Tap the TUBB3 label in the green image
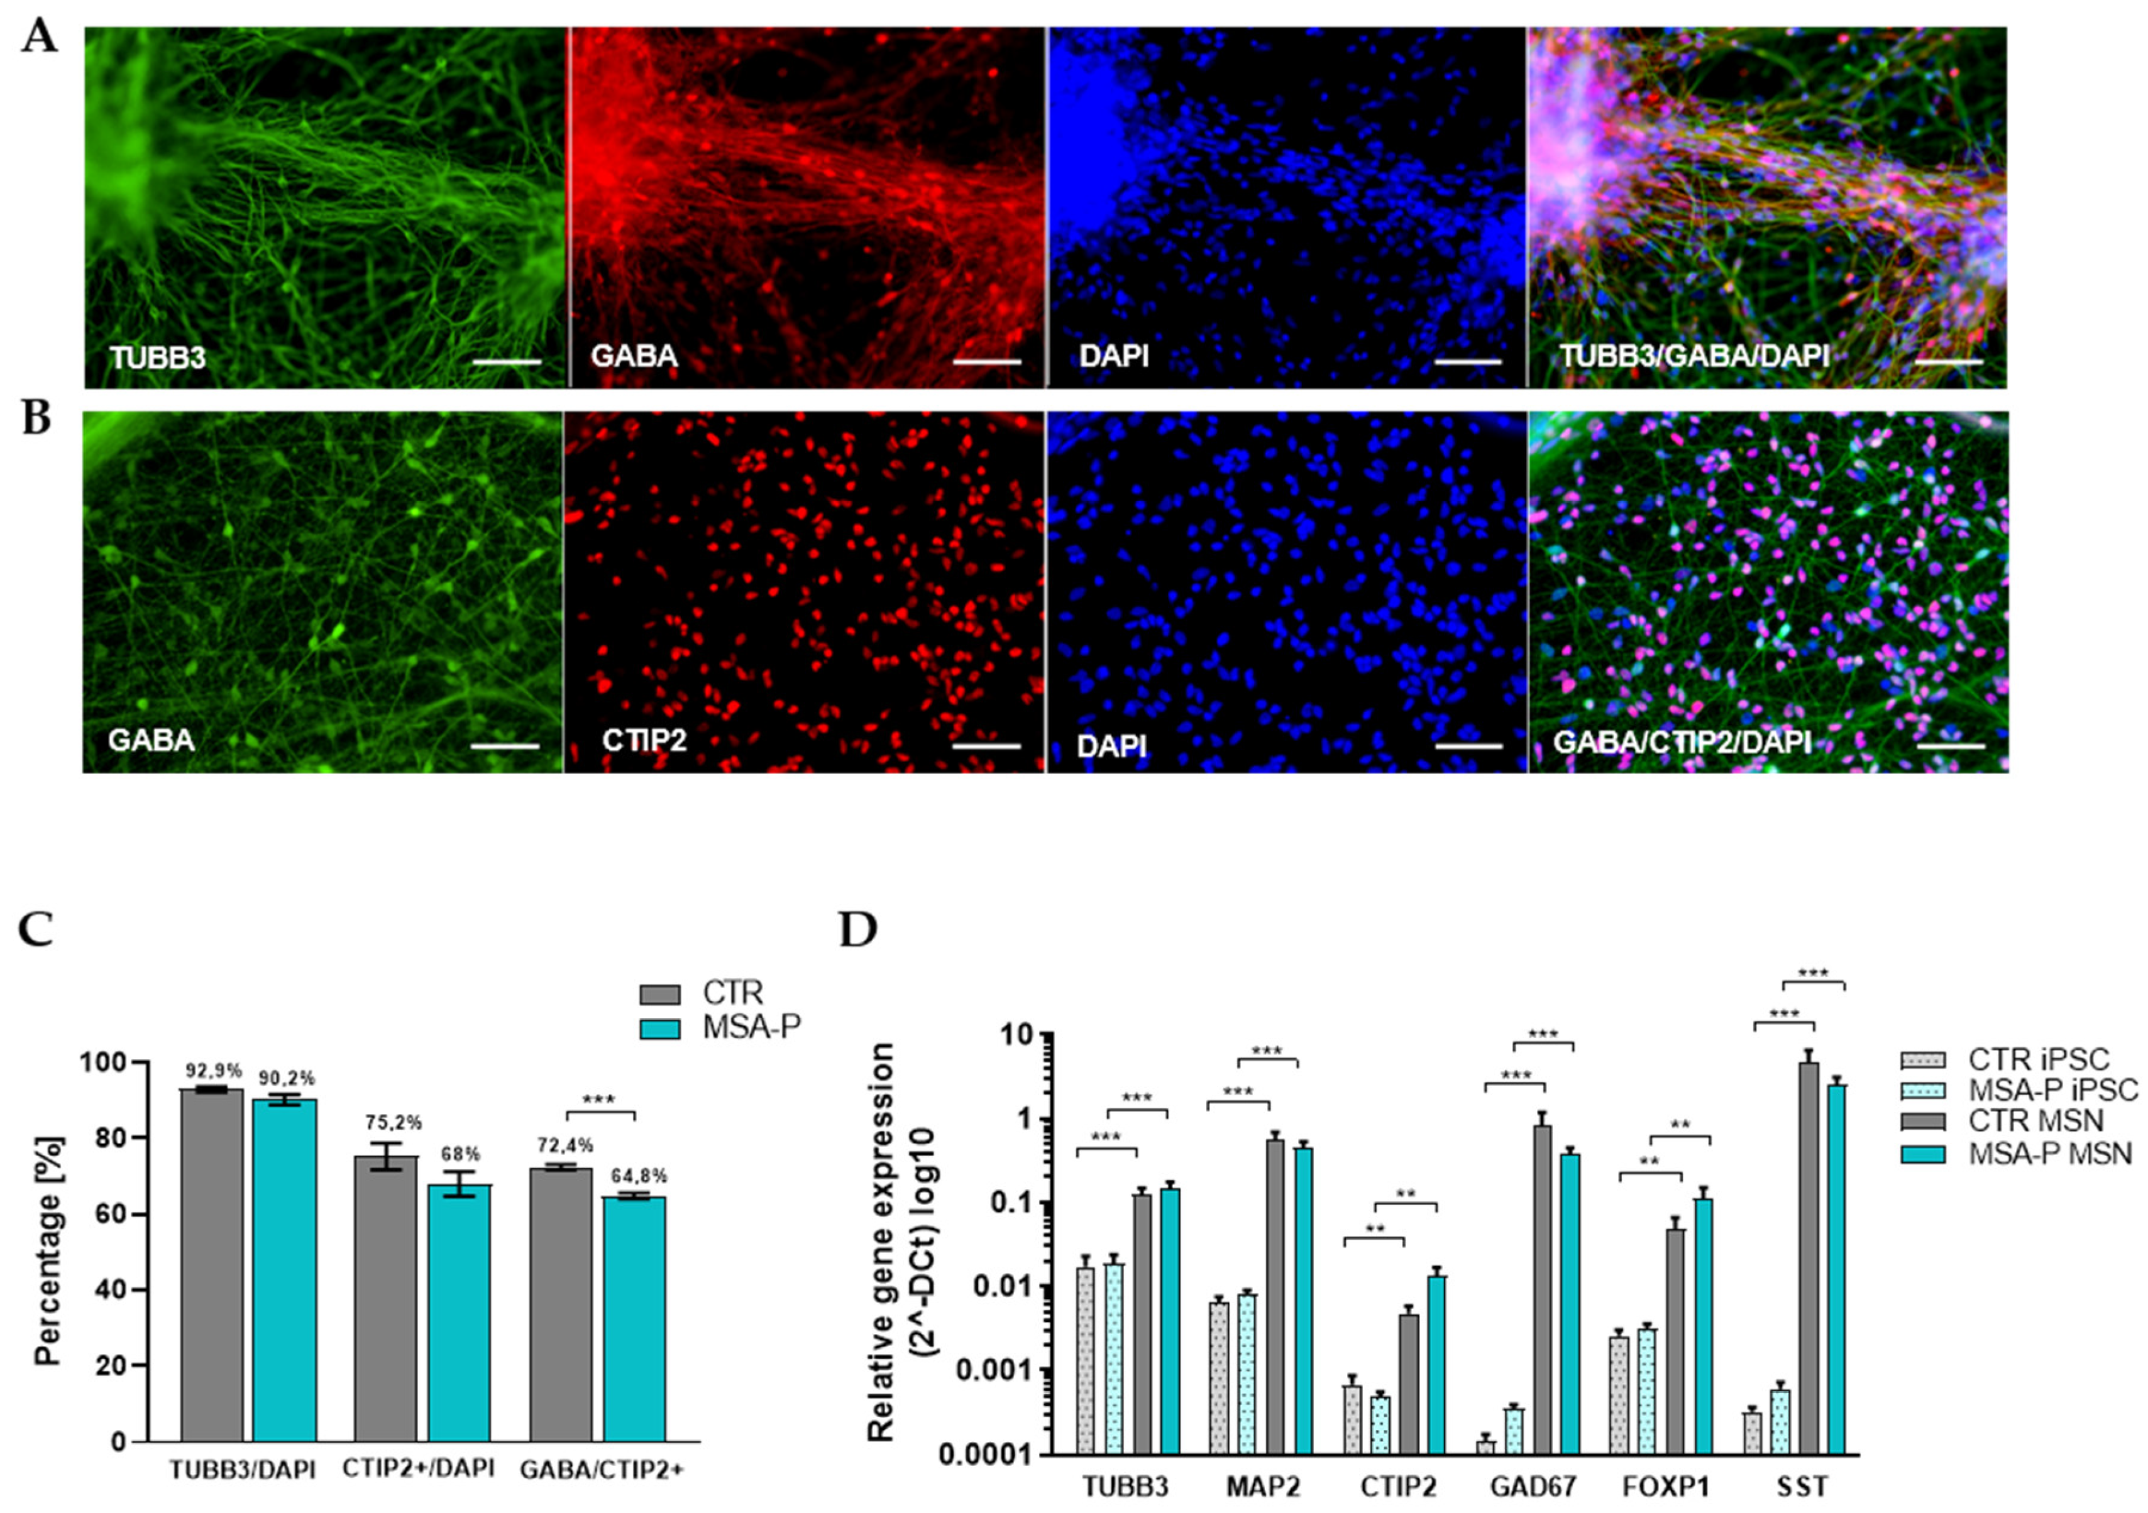pyautogui.click(x=157, y=358)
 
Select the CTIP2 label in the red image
pyautogui.click(x=644, y=741)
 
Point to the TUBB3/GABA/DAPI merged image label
pyautogui.click(x=1694, y=356)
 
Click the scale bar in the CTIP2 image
pyautogui.click(x=986, y=746)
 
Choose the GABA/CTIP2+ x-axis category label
pyautogui.click(x=602, y=1469)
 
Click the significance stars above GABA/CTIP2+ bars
pyautogui.click(x=598, y=1100)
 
